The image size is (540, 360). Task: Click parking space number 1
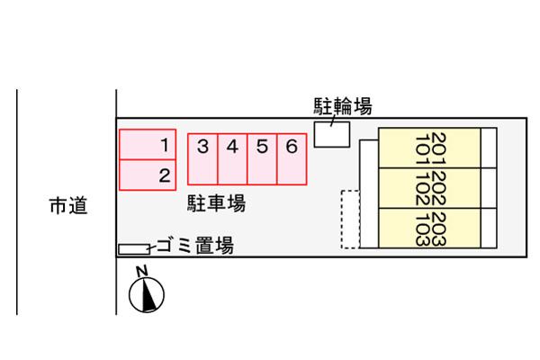pos(148,144)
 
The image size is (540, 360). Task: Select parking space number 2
pos(148,175)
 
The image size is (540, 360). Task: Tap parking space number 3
pos(202,159)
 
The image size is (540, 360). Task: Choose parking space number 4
pos(232,159)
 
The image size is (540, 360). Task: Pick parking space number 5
pos(262,159)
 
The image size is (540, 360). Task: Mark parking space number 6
pos(292,159)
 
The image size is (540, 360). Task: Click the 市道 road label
pos(68,206)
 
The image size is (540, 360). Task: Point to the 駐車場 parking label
pos(217,203)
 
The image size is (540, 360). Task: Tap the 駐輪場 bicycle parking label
pos(343,106)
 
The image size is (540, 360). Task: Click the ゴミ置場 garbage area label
pos(195,246)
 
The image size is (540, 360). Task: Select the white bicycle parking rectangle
pos(332,134)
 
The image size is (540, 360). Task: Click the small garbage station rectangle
pos(134,249)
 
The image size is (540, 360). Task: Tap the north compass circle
pos(147,295)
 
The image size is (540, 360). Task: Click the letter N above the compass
pos(141,271)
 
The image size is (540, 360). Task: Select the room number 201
pos(439,148)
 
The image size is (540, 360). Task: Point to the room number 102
pos(423,188)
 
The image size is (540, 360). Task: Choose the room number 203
pos(439,229)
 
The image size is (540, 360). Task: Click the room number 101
pos(423,150)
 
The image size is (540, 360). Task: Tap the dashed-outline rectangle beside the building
pos(351,219)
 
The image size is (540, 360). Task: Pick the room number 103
pos(423,229)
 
